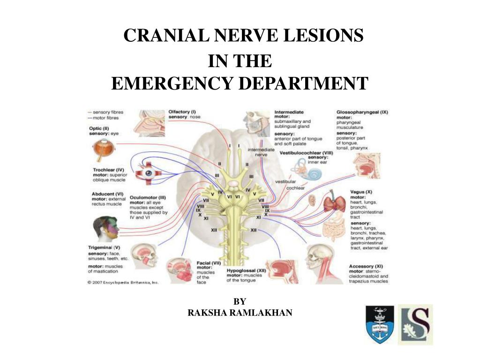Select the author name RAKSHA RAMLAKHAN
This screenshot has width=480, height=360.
(240, 313)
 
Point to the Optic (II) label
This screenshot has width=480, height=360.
(99, 128)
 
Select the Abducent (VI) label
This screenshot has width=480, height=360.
(108, 193)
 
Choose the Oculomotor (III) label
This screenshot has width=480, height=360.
(148, 198)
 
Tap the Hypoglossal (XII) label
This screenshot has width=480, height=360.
(246, 271)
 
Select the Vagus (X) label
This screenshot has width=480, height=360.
(361, 192)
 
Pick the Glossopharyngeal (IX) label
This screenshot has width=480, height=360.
(362, 112)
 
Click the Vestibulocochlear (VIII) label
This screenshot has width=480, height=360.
(306, 153)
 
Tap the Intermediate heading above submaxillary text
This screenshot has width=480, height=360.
(289, 112)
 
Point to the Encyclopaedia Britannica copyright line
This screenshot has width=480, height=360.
(123, 283)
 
